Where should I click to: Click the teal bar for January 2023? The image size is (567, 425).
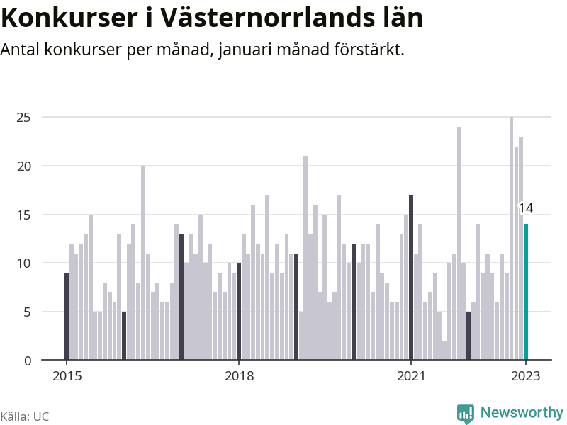tap(526, 292)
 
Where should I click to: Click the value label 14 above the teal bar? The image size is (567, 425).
tap(525, 208)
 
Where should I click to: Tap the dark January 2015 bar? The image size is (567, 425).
tap(67, 316)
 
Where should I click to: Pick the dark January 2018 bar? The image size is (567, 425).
tap(239, 311)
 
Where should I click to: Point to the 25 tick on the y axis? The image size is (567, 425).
tap(25, 117)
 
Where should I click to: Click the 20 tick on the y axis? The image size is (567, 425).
tap(25, 166)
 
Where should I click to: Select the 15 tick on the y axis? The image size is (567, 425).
tap(25, 215)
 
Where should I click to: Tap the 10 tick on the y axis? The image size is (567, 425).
tap(25, 263)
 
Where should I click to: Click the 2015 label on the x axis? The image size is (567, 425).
tap(67, 376)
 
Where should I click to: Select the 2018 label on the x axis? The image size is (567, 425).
tap(239, 376)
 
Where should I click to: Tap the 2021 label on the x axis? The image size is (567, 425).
tap(411, 376)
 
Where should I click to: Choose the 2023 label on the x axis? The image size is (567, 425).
tap(526, 376)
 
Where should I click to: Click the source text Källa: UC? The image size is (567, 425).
tap(25, 416)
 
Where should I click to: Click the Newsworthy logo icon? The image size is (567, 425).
tap(465, 413)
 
